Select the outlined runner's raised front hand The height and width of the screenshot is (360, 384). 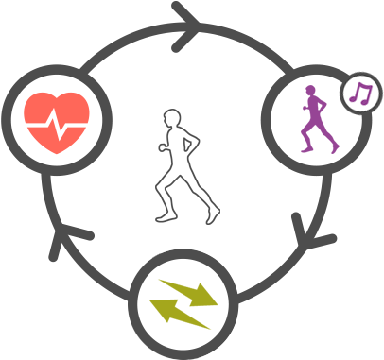point(197,146)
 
